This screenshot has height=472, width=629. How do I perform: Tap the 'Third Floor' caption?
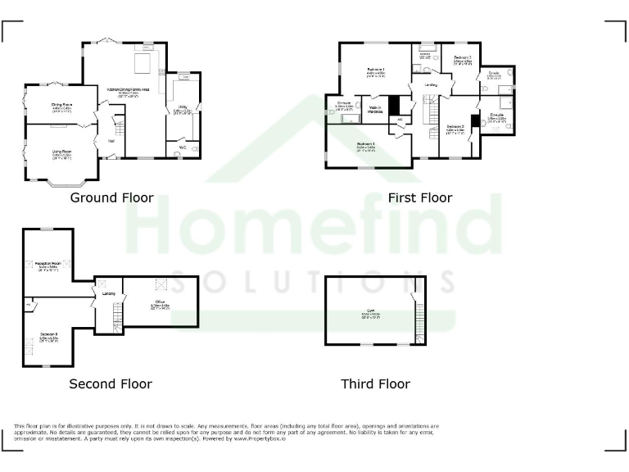click(x=375, y=383)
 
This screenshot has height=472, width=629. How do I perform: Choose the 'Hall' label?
click(x=111, y=140)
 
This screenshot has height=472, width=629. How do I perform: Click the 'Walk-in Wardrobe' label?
click(x=375, y=109)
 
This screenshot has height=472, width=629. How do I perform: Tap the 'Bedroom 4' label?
click(x=366, y=144)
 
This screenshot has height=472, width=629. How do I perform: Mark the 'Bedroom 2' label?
click(x=455, y=126)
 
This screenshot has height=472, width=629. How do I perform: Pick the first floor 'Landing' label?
click(x=431, y=85)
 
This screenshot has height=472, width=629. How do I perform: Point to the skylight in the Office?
click(x=161, y=284)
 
